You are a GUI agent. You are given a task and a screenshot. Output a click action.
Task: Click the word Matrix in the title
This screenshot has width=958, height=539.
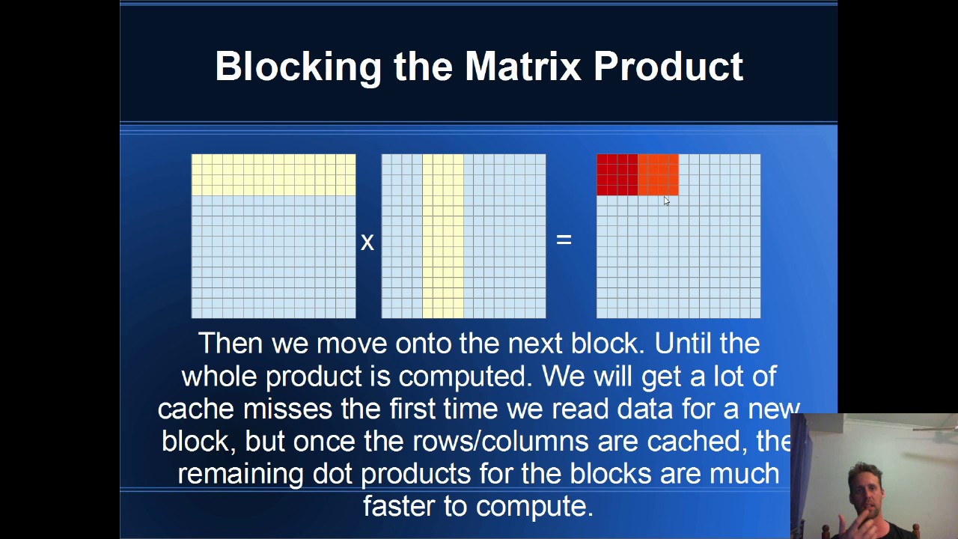click(522, 67)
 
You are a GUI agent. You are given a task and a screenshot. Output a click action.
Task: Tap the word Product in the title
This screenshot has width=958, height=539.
click(668, 67)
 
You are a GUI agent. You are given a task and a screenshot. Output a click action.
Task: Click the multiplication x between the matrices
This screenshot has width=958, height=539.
click(367, 242)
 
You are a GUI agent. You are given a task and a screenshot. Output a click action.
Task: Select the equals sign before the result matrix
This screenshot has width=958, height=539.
click(564, 240)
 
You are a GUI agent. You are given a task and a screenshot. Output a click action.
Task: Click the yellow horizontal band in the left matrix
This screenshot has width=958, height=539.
click(273, 174)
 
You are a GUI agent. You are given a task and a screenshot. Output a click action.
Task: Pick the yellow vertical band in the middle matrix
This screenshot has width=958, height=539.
click(443, 236)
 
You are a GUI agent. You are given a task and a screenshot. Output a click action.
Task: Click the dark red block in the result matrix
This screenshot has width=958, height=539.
click(617, 174)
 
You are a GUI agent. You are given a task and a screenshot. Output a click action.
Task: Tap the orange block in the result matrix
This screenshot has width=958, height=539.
click(658, 174)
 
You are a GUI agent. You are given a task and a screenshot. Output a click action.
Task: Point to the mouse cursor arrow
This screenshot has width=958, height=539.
click(666, 201)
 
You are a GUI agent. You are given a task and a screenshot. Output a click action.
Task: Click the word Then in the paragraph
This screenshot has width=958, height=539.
click(229, 344)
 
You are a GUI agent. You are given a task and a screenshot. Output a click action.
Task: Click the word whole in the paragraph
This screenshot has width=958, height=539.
click(219, 377)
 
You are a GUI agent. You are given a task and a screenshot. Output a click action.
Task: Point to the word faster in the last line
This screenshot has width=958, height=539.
click(400, 507)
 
